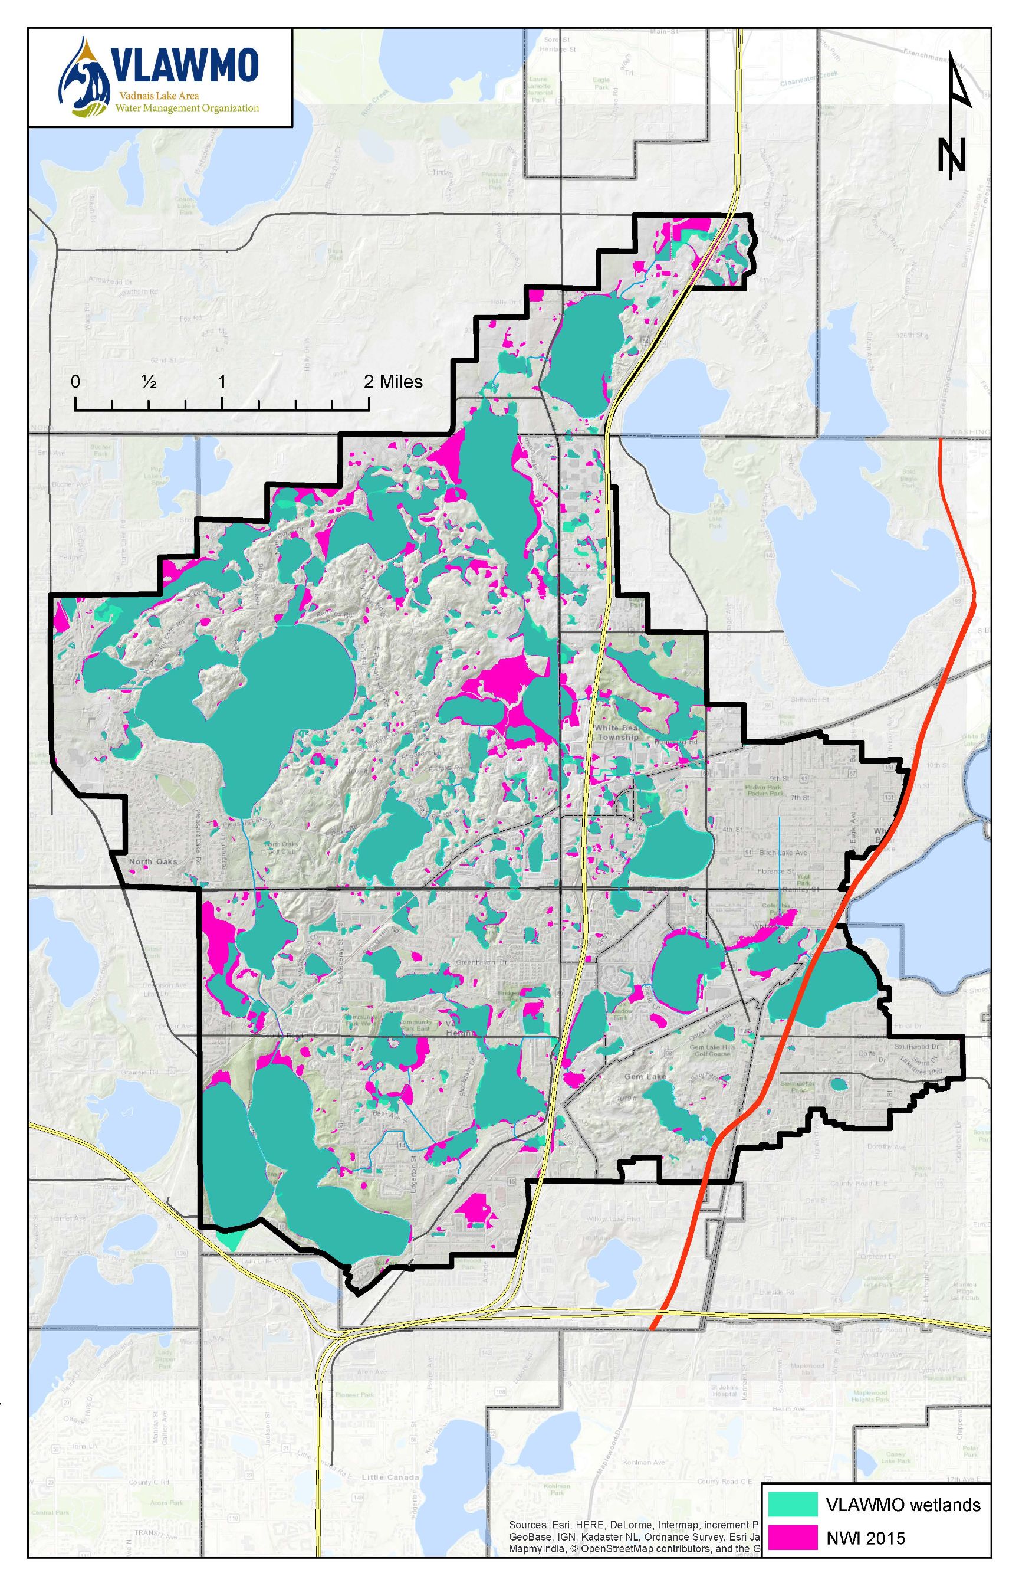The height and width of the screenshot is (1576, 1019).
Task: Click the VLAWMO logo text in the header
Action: pyautogui.click(x=185, y=67)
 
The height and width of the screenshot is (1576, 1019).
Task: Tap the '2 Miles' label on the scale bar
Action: pyautogui.click(x=393, y=381)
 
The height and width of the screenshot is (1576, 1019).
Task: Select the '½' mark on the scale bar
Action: pyautogui.click(x=148, y=382)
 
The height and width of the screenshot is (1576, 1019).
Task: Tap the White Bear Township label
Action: pyautogui.click(x=617, y=732)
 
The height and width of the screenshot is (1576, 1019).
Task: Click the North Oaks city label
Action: pyautogui.click(x=153, y=861)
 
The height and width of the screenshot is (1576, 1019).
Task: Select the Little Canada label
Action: pyautogui.click(x=390, y=1477)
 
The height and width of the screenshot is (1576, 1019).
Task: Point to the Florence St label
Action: pyautogui.click(x=775, y=871)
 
